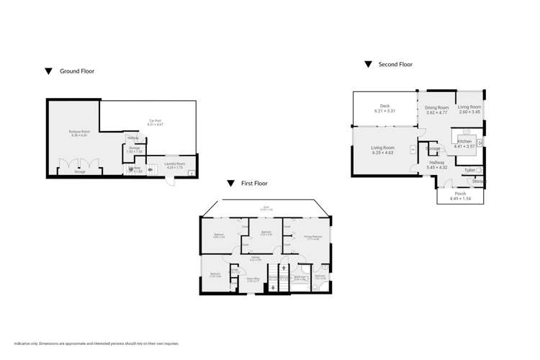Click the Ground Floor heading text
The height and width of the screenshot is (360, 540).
[76, 71]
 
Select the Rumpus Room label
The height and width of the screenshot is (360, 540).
[79, 132]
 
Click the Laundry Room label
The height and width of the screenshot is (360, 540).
[176, 163]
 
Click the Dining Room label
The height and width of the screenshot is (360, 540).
[436, 107]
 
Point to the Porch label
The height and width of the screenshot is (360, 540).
[459, 194]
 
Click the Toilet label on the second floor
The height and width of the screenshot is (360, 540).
[469, 171]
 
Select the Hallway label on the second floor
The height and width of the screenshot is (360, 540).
[437, 163]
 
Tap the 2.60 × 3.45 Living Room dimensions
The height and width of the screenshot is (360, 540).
[469, 112]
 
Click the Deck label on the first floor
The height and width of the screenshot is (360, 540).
[266, 207]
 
